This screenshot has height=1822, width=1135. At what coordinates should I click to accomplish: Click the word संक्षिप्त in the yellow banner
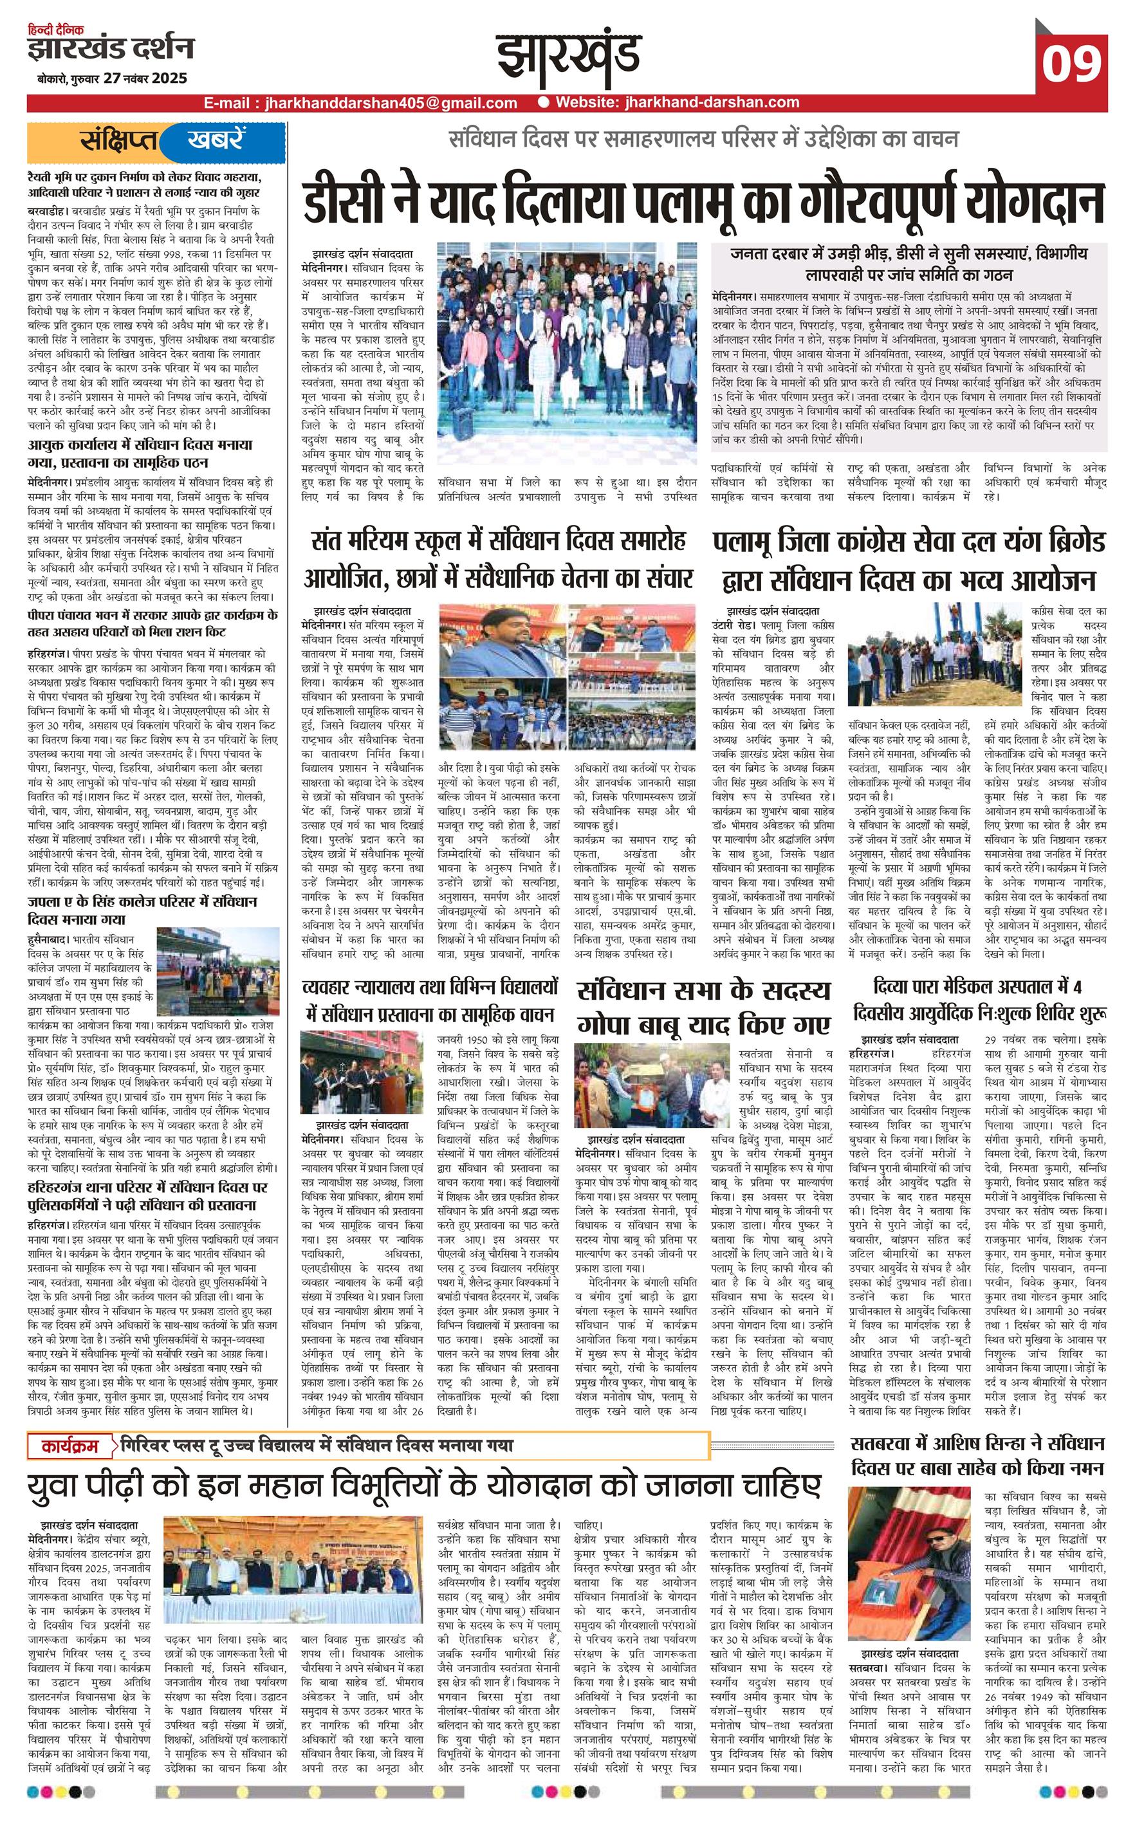click(120, 141)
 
